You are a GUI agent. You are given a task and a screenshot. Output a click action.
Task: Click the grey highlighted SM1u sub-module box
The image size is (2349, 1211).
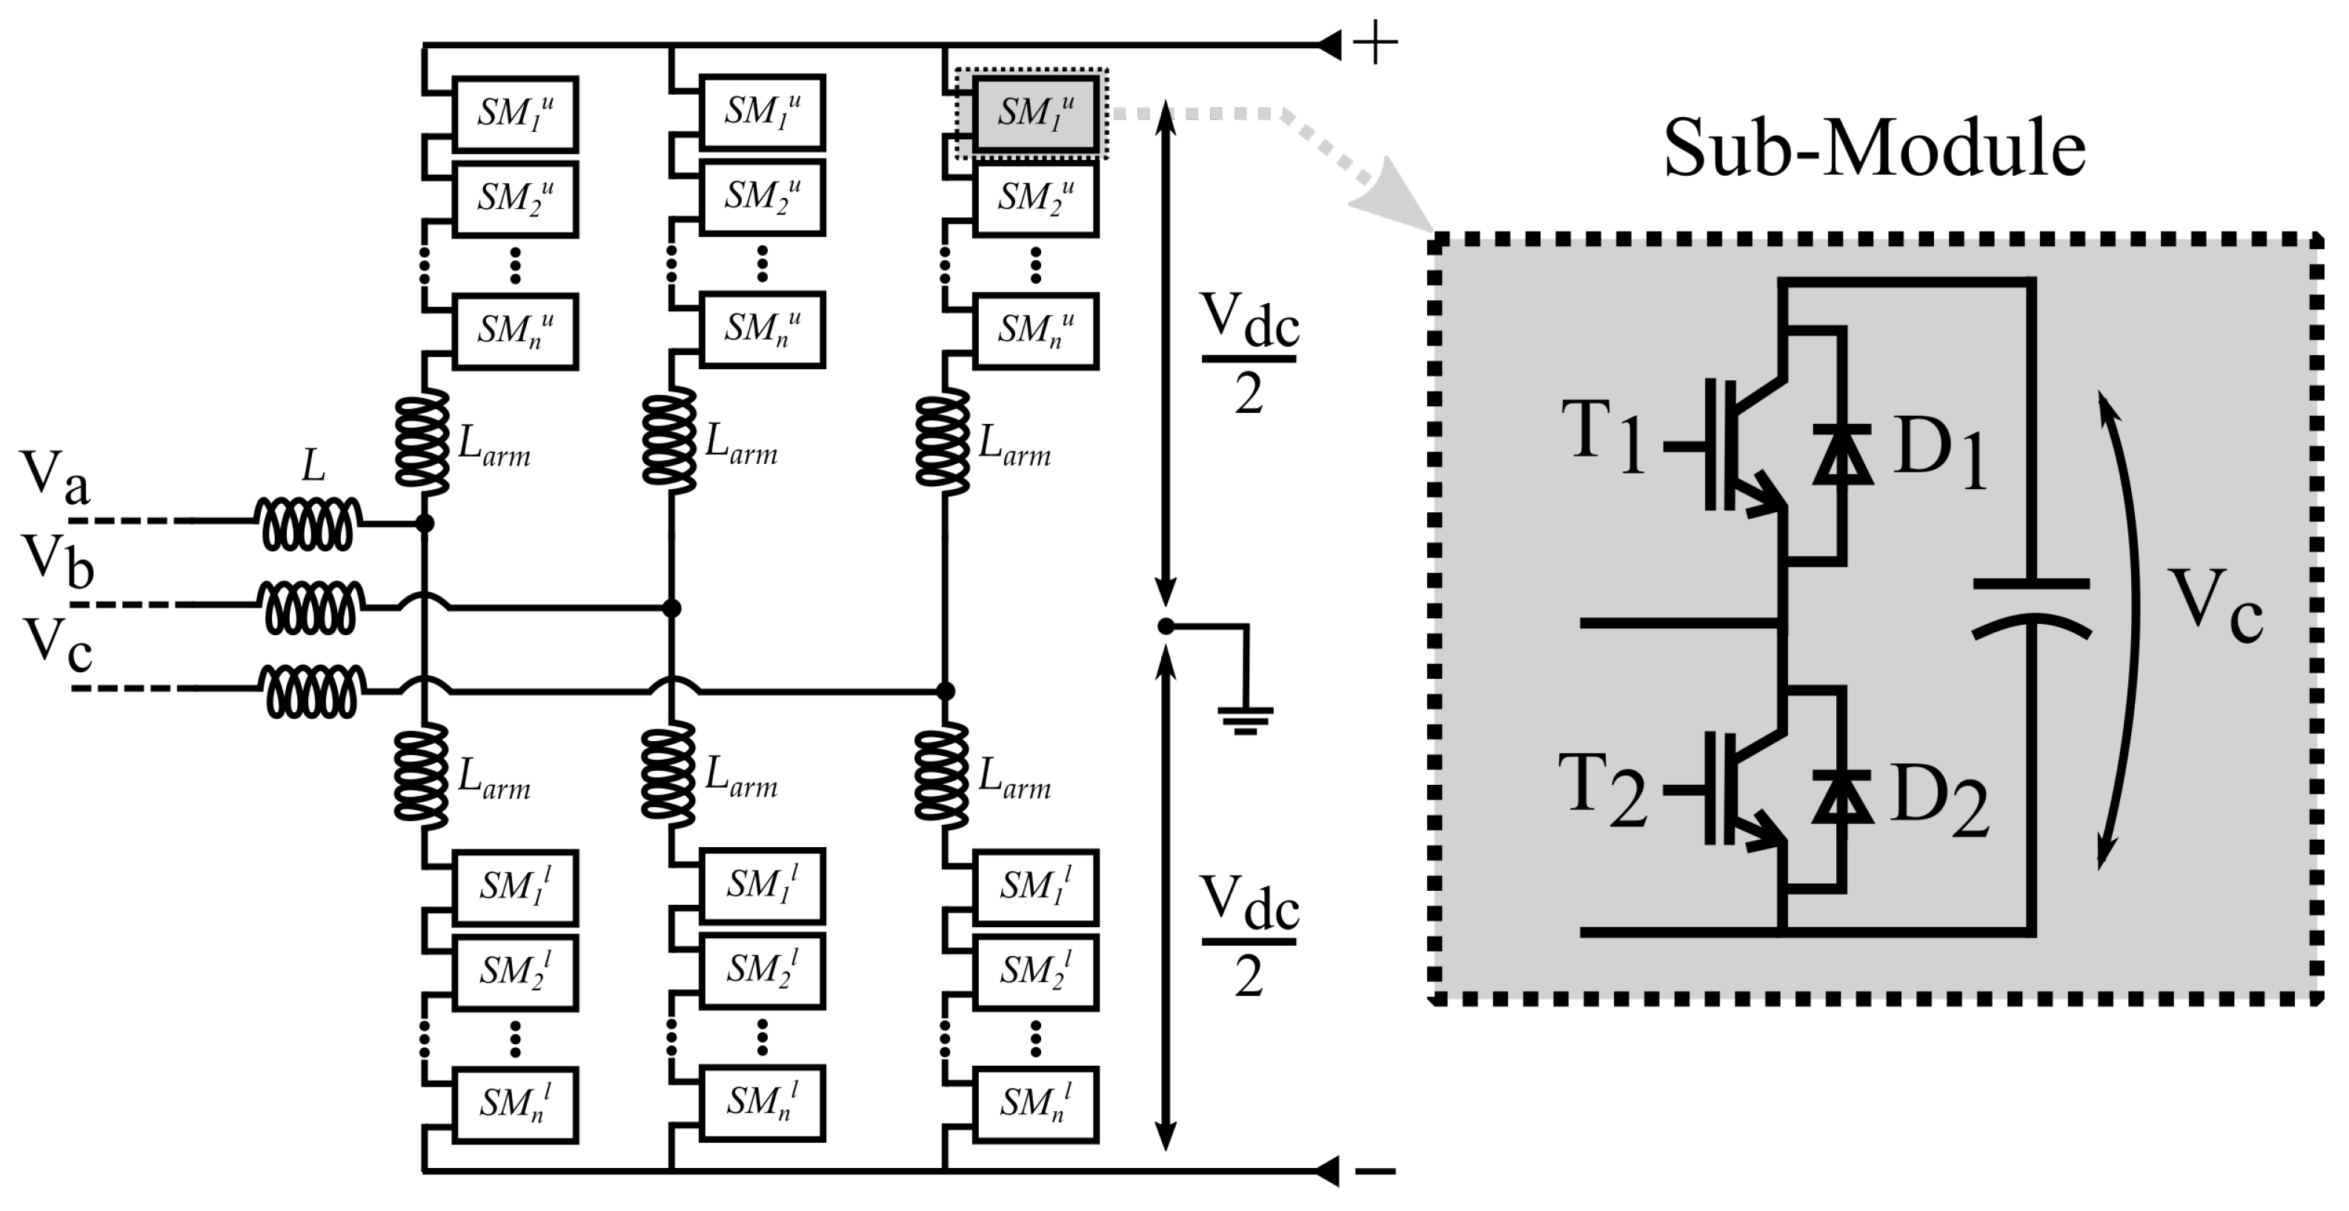(x=1035, y=113)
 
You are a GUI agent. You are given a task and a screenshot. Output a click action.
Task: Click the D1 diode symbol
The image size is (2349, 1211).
(x=1843, y=454)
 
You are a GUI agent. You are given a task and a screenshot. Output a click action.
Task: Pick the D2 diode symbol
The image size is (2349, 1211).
(x=1843, y=797)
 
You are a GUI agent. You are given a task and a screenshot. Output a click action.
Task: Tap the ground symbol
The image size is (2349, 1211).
(x=1245, y=720)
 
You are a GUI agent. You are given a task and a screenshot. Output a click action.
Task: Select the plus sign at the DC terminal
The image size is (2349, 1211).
(x=1375, y=44)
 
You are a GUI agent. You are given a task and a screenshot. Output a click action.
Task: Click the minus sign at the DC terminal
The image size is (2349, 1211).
(x=1376, y=1172)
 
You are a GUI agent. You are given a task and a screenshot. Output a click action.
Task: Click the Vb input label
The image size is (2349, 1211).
(x=59, y=560)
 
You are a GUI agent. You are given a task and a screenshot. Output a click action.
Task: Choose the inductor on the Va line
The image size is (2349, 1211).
(x=308, y=523)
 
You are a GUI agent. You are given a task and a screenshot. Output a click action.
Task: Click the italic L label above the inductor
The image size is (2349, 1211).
(x=313, y=466)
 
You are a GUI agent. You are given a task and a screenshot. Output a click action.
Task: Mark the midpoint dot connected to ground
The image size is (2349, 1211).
(x=1166, y=626)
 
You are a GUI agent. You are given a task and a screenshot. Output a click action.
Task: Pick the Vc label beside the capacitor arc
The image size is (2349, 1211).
(x=2215, y=605)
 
